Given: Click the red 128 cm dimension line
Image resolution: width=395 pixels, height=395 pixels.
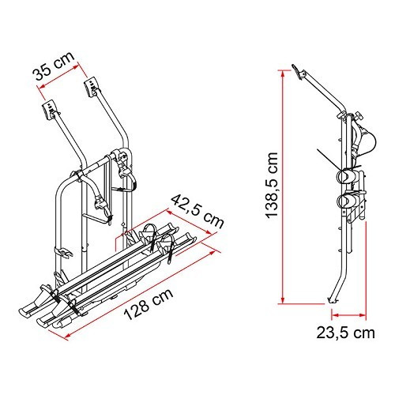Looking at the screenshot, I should tap(142, 286).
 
